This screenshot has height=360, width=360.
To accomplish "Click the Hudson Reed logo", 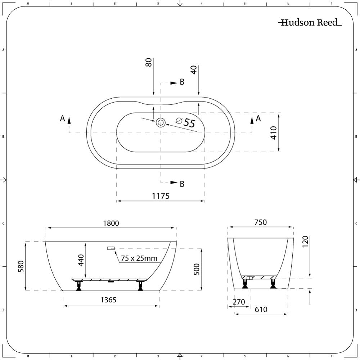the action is point(310,22).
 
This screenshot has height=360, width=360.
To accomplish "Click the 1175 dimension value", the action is point(161,196).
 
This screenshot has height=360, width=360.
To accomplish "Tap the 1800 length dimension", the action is point(111,223).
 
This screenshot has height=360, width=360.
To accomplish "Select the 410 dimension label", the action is point(274,132).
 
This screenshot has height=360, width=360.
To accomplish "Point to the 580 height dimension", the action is point(21,266).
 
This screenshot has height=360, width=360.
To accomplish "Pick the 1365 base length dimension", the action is point(109,300).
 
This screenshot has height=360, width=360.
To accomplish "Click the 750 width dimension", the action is point(261,222).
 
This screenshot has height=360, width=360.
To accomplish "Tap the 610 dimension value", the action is point(261,310).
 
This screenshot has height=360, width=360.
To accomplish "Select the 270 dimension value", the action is point(239,302).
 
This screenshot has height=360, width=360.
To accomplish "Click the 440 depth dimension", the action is point(81,260).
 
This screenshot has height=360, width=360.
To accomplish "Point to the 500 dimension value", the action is point(197,269).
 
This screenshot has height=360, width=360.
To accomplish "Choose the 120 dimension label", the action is point(305,242).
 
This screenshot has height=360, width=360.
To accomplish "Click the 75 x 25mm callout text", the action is point(139,258).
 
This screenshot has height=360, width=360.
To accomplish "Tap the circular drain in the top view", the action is point(161,123).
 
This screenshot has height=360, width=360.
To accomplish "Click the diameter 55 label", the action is point(185,122).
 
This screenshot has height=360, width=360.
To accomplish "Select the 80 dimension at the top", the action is point(149,62).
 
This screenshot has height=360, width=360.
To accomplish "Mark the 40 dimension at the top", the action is point(194,70).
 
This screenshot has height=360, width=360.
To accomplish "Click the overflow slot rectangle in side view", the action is point(111,248).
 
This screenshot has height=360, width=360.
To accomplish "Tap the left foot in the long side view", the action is point(79,285).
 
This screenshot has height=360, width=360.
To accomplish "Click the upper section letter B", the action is point(182,82).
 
